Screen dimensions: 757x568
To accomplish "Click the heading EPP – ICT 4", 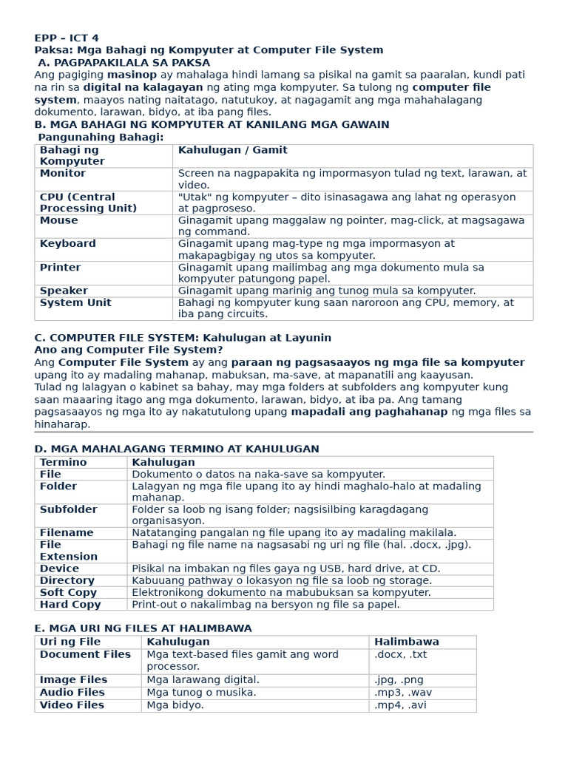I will click(67, 38).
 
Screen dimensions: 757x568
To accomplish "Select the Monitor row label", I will click(63, 173).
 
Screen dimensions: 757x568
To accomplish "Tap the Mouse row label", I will click(58, 220).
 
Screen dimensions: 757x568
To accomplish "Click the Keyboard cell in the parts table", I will click(67, 244).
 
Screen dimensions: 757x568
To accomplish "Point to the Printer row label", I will click(60, 268).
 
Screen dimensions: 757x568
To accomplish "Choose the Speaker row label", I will click(64, 291).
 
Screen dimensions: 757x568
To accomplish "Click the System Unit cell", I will click(75, 303).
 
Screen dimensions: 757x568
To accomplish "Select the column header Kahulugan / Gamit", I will click(232, 150).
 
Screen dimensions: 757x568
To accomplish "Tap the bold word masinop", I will click(132, 75).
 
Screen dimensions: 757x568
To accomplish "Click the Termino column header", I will click(63, 462).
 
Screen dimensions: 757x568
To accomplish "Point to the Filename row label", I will click(67, 533).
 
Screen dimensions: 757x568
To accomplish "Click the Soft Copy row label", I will click(68, 593).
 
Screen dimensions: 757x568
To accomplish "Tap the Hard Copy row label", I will click(70, 605).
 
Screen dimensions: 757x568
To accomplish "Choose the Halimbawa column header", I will click(406, 642).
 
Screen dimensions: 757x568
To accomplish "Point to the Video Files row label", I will click(72, 705).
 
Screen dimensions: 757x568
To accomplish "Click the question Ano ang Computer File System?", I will click(129, 350).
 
